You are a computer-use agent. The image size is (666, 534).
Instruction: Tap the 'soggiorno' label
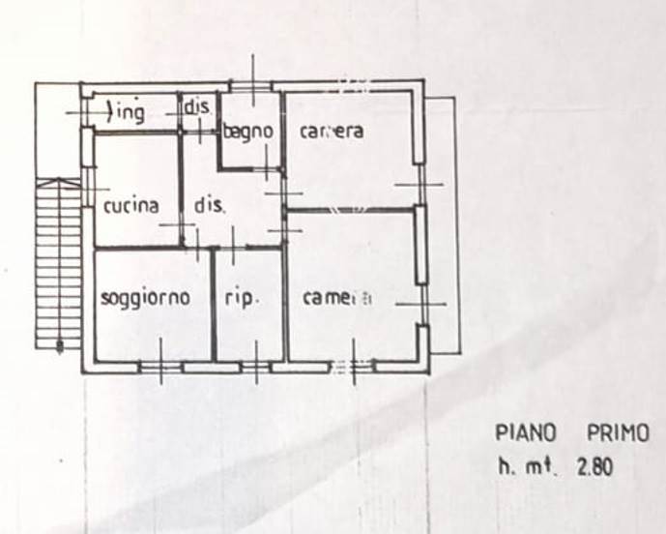coord(145,298)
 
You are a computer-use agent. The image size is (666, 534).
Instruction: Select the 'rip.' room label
coord(242,298)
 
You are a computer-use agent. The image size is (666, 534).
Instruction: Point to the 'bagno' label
coord(248,132)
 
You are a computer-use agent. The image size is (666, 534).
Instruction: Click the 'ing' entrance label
coord(130,113)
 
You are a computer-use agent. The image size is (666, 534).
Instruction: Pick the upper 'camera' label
coord(332,132)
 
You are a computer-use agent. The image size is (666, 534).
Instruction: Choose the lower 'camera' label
coord(336,299)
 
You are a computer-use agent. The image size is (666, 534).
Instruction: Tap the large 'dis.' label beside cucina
coord(210,205)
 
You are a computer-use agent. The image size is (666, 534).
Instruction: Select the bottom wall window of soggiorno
coord(160,368)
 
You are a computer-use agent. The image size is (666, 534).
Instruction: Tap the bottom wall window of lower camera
coord(353,368)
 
